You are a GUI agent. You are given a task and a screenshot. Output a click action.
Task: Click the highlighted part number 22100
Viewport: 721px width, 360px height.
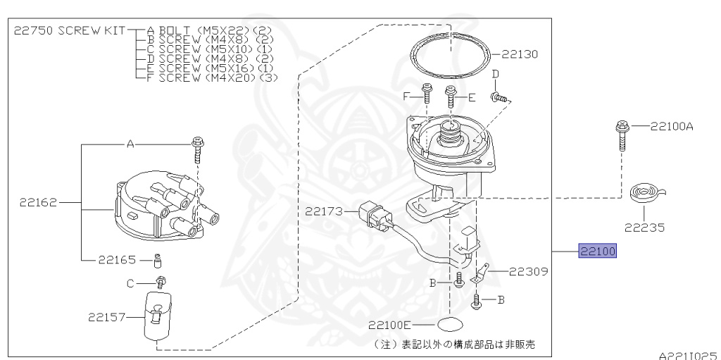[597, 252]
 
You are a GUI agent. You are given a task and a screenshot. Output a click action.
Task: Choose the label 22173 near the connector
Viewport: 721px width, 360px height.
[324, 210]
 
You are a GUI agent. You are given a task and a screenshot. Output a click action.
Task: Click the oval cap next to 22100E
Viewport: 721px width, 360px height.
[449, 325]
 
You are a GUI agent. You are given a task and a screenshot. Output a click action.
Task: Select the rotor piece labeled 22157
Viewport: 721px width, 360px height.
[156, 316]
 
